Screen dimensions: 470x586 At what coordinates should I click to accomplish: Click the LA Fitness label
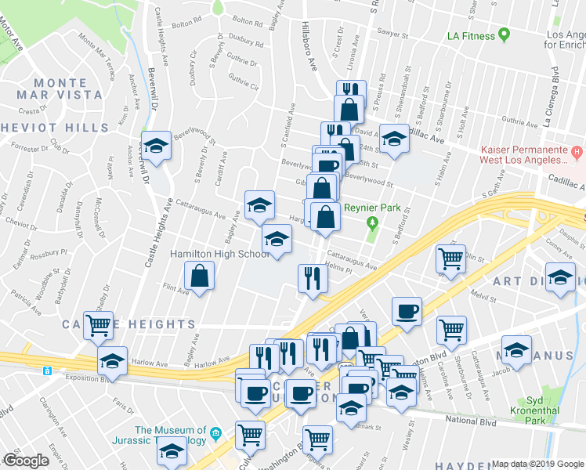[470, 36]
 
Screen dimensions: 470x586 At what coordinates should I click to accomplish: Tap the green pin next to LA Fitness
[505, 35]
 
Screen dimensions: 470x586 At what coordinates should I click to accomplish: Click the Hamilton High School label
[221, 255]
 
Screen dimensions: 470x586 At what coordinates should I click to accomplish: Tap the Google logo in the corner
[27, 461]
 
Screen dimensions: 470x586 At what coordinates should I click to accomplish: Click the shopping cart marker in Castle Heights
[99, 324]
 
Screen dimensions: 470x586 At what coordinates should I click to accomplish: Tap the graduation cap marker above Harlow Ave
[113, 361]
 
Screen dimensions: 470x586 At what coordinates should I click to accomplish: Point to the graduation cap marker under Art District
[560, 278]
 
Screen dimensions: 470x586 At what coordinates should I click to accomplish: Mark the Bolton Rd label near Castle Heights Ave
[184, 16]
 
